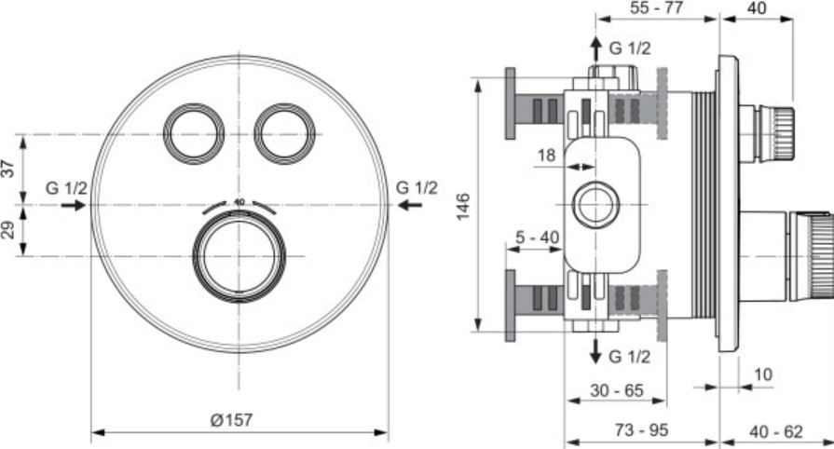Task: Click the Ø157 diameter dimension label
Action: tap(231, 420)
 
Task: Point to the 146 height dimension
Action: tap(463, 207)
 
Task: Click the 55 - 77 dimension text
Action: tap(656, 8)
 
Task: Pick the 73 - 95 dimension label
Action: tap(641, 429)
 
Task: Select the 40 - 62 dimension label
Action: tap(776, 431)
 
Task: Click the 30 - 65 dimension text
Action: tap(617, 390)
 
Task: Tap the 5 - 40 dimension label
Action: tap(537, 238)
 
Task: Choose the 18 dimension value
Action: tap(546, 156)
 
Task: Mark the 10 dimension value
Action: tap(763, 374)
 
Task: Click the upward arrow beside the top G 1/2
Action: tap(596, 49)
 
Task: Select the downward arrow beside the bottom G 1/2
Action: tap(596, 351)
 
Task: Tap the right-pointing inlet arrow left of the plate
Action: tap(74, 205)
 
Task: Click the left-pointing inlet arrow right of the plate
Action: tap(410, 205)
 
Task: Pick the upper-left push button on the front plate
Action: tap(194, 133)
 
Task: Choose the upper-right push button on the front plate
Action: tap(284, 133)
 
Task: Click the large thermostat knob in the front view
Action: tap(239, 256)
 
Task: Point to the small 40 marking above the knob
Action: tap(239, 202)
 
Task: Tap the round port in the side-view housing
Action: tap(595, 205)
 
